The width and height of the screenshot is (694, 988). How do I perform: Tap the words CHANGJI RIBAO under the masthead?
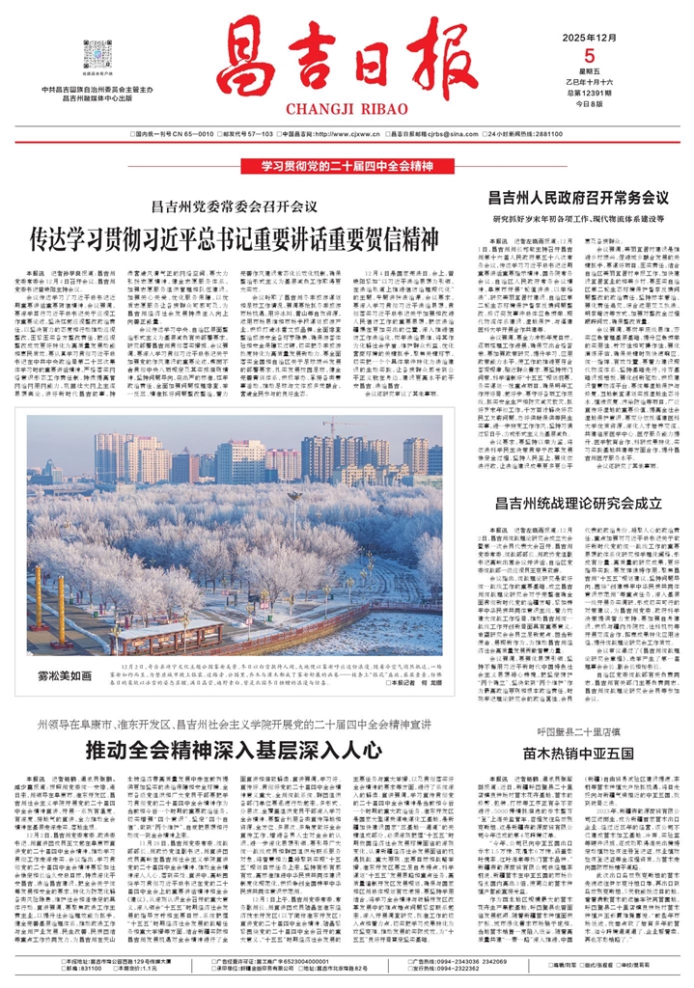pos(347,111)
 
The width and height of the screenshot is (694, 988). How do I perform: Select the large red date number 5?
pos(580,54)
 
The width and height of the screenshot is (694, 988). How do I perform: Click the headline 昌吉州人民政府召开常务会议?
pos(578,198)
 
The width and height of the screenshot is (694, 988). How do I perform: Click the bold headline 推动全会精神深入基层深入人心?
pos(209,749)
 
